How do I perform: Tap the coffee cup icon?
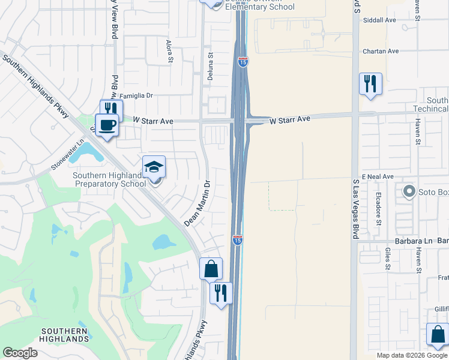pos(107,125)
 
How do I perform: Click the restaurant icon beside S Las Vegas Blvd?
pos(370,83)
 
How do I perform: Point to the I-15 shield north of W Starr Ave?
pos(243,62)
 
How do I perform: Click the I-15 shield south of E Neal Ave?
pos(237,240)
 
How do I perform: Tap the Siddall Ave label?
pos(380,20)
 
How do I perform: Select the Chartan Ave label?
pos(381,52)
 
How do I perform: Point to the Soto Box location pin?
pos(409,192)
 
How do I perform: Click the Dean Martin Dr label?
pos(198,204)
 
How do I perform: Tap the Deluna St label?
pos(211,62)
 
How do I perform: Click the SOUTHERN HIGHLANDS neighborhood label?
pos(65,335)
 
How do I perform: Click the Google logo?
pos(20,353)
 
